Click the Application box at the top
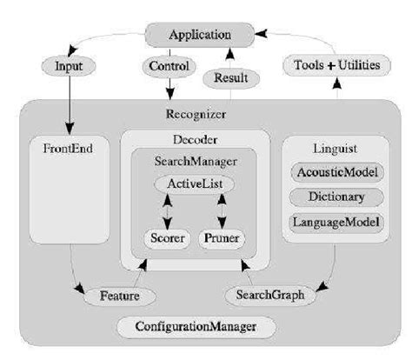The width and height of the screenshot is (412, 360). point(199,35)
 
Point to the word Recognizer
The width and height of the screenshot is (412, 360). point(196,113)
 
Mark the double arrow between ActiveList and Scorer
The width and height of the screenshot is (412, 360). point(167,210)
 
